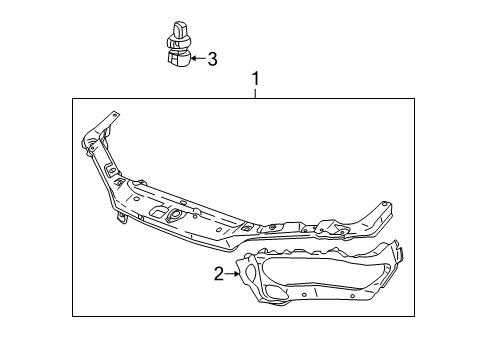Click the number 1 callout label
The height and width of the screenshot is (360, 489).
[255, 78]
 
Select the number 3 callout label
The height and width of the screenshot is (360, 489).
[212, 59]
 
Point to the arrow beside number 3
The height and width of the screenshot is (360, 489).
[197, 59]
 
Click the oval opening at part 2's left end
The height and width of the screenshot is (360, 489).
[244, 268]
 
